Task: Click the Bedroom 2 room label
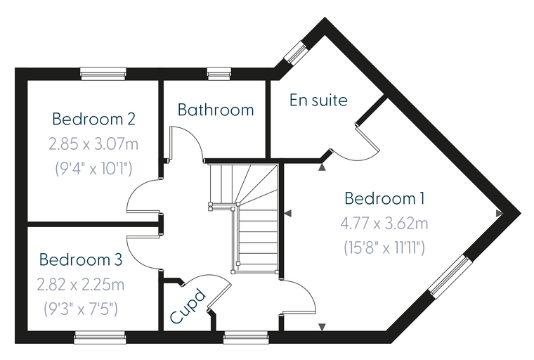click(93, 119)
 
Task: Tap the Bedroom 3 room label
click(81, 259)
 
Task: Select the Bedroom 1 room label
click(384, 198)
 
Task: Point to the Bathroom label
click(216, 110)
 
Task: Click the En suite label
click(318, 100)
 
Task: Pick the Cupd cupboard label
click(188, 306)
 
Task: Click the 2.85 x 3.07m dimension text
click(93, 144)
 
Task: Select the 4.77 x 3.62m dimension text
click(384, 224)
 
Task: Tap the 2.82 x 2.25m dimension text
click(81, 285)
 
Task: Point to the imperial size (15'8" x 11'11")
click(384, 247)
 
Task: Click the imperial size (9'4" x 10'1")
click(93, 169)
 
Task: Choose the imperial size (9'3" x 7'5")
click(81, 309)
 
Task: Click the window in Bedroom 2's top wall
click(103, 73)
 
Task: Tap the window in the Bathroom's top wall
click(219, 73)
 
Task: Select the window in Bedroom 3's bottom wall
click(100, 337)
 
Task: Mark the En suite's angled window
click(296, 52)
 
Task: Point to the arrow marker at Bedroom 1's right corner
click(500, 214)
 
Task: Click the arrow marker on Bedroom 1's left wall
click(288, 214)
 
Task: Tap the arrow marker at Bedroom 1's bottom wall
click(322, 327)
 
